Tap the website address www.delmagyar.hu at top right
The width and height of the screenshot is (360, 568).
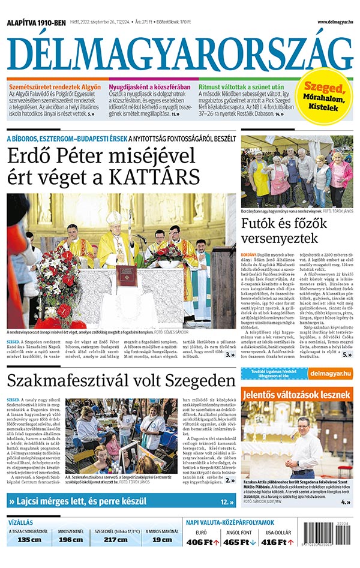331,22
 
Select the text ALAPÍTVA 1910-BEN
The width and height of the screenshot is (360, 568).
35,23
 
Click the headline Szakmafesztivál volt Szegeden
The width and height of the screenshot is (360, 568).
120,381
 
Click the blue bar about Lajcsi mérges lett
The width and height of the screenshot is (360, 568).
120,501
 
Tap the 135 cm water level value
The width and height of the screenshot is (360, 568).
29,540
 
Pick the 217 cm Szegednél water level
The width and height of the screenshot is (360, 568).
116,540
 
